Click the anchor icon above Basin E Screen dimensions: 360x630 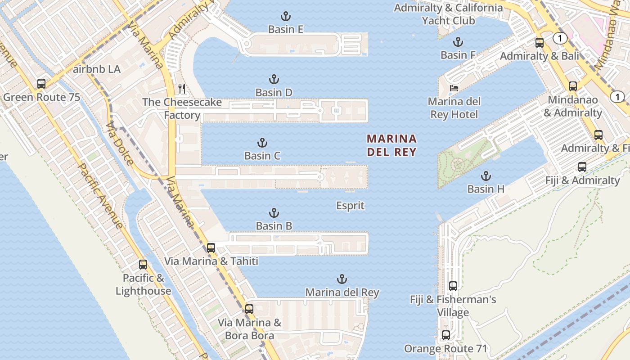[x=285, y=17]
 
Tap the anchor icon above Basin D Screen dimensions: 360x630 [x=274, y=80]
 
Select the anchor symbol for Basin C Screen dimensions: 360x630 [x=262, y=143]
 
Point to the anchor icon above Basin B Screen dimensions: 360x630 [x=274, y=213]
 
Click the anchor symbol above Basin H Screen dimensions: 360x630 [x=486, y=176]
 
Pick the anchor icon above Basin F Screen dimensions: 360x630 [x=458, y=42]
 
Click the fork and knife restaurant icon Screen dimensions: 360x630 [x=182, y=88]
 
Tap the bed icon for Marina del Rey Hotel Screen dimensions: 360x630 [x=454, y=88]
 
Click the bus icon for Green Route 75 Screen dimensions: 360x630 [x=41, y=83]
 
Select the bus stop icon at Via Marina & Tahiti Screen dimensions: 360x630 [x=211, y=247]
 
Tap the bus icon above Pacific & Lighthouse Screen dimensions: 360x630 [x=143, y=265]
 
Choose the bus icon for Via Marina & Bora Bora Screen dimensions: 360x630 [x=249, y=309]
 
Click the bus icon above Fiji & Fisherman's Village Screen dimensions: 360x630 [x=453, y=286]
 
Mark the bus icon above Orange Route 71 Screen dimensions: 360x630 [x=445, y=335]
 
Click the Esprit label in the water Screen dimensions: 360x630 [x=350, y=206]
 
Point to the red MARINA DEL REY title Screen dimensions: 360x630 [x=391, y=145]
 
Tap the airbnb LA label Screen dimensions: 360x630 [x=97, y=69]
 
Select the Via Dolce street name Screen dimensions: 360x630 [x=120, y=144]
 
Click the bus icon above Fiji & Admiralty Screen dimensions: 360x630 [x=582, y=167]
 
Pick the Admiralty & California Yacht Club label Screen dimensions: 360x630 [x=448, y=14]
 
